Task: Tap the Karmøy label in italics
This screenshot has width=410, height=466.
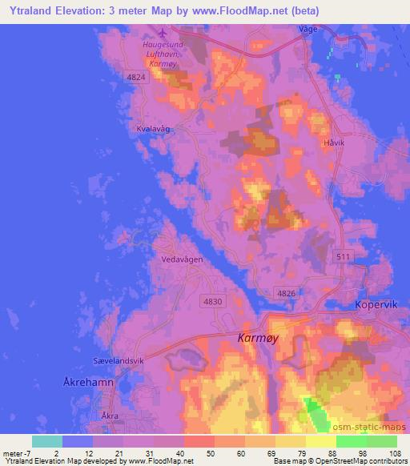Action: pyautogui.click(x=259, y=339)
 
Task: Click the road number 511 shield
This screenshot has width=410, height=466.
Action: pyautogui.click(x=344, y=255)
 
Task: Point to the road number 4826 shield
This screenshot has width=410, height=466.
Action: pyautogui.click(x=286, y=294)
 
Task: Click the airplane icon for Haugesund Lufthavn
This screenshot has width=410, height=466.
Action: pyautogui.click(x=164, y=33)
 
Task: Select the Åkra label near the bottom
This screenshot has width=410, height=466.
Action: pyautogui.click(x=111, y=416)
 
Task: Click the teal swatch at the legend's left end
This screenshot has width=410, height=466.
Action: pyautogui.click(x=47, y=441)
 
